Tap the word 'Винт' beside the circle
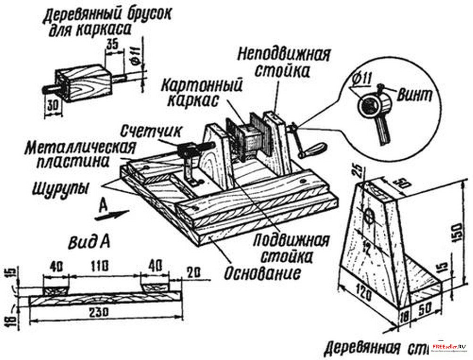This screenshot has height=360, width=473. tap(414, 94)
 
